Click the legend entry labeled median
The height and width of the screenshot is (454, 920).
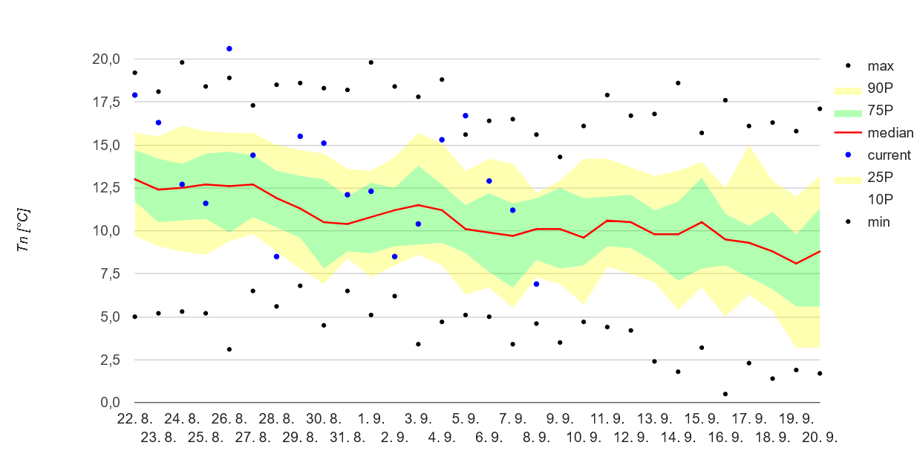(x=873, y=133)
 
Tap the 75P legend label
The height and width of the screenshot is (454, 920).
(x=880, y=110)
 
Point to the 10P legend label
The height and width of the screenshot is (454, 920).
(x=880, y=199)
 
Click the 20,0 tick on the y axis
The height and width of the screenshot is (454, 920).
(x=106, y=59)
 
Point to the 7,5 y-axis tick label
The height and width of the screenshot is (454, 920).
(x=110, y=273)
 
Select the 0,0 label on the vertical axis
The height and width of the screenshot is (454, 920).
(x=110, y=402)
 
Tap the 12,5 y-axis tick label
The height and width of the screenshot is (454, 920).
(x=106, y=188)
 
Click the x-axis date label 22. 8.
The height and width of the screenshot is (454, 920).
(x=134, y=418)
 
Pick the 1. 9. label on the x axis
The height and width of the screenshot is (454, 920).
(x=371, y=418)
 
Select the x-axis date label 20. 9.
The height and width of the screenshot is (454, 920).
(x=820, y=437)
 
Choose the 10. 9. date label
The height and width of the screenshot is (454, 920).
(x=584, y=437)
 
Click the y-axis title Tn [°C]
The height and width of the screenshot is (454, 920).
(x=23, y=230)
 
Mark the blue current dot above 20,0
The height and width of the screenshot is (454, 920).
(x=229, y=49)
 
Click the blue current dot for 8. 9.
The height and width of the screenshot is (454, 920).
(x=536, y=284)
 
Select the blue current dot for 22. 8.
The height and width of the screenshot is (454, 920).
(x=134, y=95)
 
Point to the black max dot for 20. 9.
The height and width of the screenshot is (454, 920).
(x=820, y=109)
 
